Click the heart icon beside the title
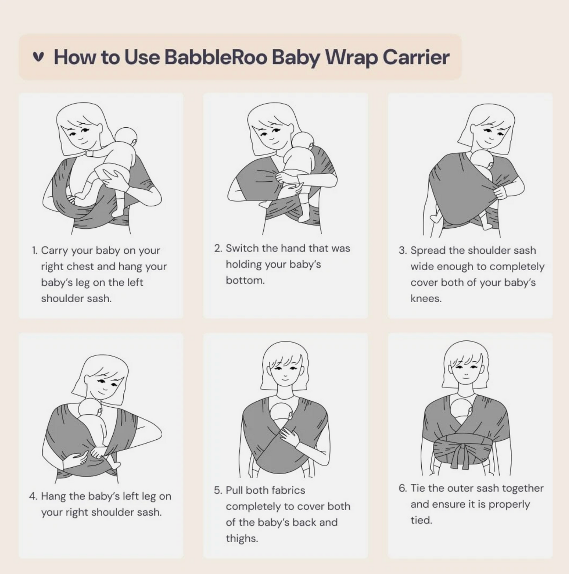tap(38, 57)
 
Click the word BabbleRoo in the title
tap(216, 57)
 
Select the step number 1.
tap(35, 251)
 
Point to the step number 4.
tap(33, 496)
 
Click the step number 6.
tap(402, 488)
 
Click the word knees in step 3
tap(426, 299)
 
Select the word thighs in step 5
tap(242, 539)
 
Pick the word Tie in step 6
tap(418, 488)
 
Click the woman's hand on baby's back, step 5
tap(288, 436)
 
